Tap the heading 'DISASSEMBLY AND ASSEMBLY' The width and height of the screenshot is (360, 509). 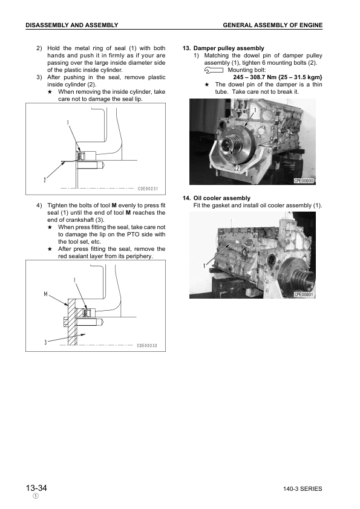click(71, 25)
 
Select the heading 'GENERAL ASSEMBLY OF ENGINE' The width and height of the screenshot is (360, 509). click(272, 25)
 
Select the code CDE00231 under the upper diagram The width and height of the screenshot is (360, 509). click(148, 189)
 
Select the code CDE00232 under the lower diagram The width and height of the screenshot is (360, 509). click(147, 346)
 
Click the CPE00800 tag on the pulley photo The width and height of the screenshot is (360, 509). click(307, 181)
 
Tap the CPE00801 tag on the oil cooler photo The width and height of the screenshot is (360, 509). click(307, 294)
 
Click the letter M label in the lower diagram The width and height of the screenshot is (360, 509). click(46, 294)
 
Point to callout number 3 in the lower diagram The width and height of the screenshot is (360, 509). click(45, 342)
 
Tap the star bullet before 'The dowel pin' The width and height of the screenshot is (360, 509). click(207, 85)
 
